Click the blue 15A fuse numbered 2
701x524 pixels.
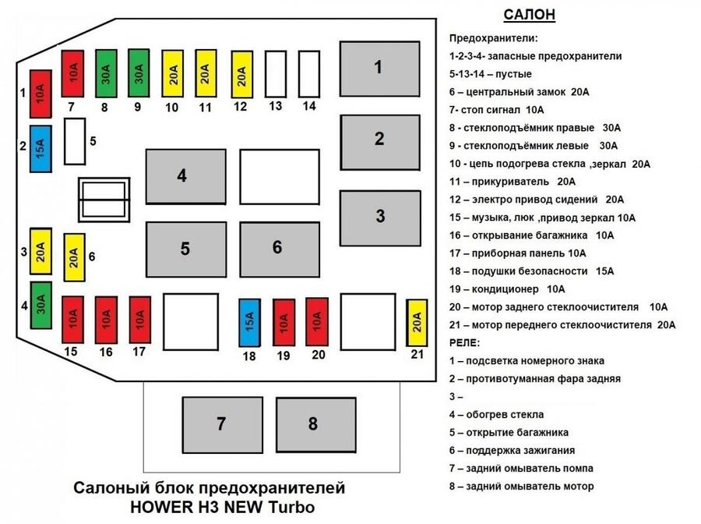(41, 149)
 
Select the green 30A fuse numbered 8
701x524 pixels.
(107, 74)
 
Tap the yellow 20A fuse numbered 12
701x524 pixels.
(242, 75)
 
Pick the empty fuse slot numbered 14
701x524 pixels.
(309, 74)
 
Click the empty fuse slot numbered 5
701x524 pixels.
(75, 141)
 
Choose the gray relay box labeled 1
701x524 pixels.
(379, 69)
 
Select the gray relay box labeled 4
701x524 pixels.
(186, 177)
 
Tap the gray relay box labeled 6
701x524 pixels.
(280, 250)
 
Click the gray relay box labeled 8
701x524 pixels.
(316, 425)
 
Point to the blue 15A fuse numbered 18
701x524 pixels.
(250, 323)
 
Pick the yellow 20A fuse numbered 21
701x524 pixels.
(417, 323)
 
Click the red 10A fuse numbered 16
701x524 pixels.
(107, 320)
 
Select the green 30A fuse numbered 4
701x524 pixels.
(41, 305)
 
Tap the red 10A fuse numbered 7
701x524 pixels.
(72, 74)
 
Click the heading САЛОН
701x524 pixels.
(530, 15)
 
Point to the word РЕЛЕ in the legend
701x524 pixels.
(463, 343)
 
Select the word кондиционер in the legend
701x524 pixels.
(505, 289)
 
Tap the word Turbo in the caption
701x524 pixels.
(292, 507)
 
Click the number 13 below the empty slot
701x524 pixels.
(276, 106)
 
